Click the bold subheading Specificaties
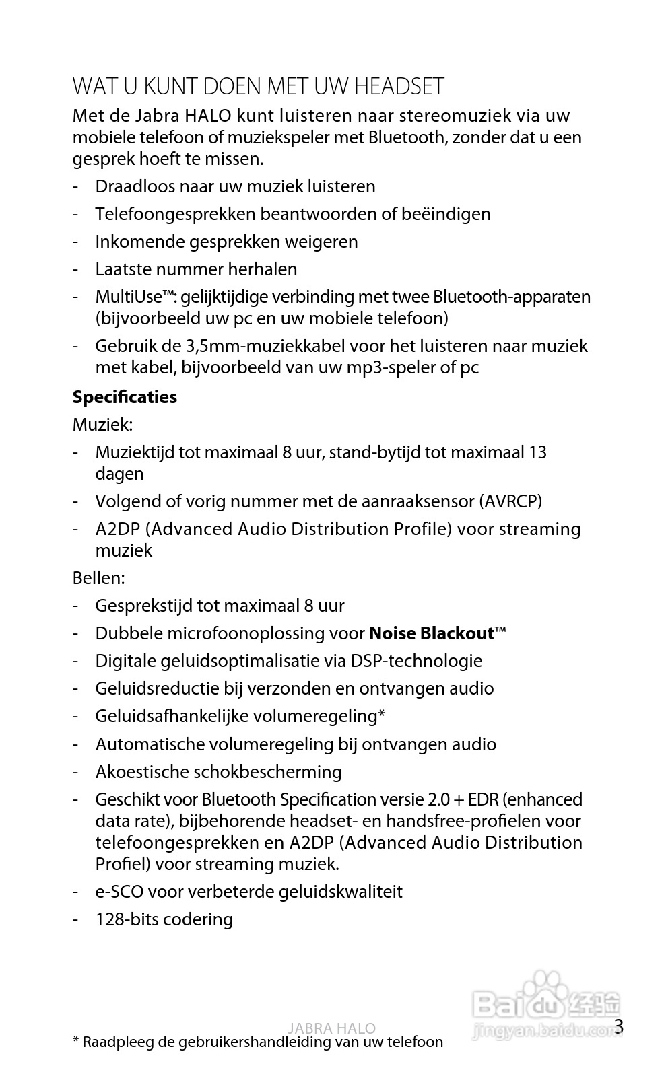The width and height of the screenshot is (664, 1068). coord(125,397)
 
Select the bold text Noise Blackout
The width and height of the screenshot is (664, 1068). coord(432,633)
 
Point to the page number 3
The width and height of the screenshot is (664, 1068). coord(619,1026)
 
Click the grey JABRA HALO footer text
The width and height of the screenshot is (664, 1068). coord(331,1028)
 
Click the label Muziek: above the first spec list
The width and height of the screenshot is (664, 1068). coord(102,425)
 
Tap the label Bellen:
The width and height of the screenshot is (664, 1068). coord(98,578)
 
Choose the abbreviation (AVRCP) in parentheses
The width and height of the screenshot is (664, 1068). coord(510,501)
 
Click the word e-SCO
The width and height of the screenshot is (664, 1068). coord(119,892)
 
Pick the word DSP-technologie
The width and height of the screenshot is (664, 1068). coord(416,661)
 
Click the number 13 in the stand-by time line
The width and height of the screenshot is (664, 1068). coord(537,452)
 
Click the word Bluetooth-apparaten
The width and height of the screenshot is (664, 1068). coord(512,297)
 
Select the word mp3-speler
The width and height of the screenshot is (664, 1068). coord(391,367)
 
